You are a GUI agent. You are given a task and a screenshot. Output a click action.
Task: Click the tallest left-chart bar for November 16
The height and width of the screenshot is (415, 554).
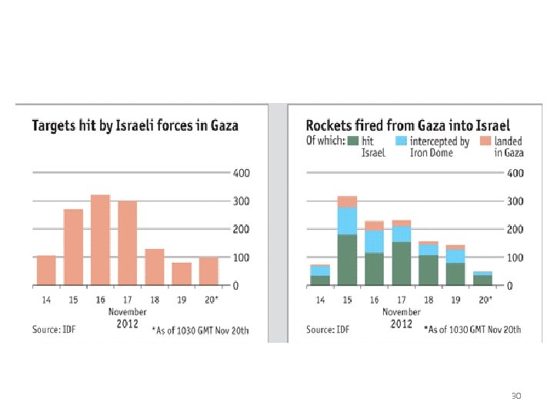100,240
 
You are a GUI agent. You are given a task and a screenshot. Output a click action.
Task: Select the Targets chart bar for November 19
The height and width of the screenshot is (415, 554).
182,274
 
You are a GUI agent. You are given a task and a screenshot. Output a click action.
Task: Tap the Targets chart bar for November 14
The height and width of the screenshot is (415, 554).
46,270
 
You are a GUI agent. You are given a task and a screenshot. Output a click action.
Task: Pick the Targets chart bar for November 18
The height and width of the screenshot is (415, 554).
155,267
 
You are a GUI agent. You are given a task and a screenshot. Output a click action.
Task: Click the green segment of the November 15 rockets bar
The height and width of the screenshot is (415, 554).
347,260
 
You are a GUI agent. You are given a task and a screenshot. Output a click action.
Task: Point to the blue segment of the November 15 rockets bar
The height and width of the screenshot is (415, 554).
347,221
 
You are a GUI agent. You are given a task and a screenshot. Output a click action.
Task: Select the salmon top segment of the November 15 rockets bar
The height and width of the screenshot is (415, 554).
347,201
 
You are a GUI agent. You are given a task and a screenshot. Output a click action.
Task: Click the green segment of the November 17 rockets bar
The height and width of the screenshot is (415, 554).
401,263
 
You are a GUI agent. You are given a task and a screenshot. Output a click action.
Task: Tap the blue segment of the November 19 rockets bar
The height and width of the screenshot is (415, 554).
455,256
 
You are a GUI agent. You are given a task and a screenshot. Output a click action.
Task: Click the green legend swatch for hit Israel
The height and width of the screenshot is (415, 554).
354,141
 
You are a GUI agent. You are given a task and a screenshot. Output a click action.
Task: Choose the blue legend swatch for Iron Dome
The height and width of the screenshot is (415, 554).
401,141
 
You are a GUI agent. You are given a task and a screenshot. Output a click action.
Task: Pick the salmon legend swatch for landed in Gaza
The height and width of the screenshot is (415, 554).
485,141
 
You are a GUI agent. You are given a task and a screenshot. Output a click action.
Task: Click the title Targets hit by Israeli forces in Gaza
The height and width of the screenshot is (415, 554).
135,125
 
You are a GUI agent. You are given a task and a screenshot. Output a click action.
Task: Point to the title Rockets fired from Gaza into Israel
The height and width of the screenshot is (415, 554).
407,125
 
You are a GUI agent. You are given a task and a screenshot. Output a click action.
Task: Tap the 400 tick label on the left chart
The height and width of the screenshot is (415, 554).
241,174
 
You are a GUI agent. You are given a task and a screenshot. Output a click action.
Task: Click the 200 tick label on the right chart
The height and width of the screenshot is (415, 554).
515,229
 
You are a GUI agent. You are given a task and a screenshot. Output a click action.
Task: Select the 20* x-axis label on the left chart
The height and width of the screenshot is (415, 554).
209,299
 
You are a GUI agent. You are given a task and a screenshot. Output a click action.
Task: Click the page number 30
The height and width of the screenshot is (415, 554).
516,397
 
